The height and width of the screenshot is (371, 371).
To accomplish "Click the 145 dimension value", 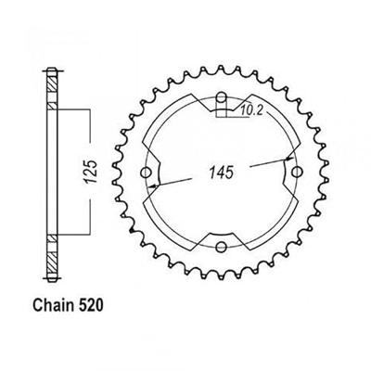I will [x=222, y=173].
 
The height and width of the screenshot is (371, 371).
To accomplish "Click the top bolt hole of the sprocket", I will [x=221, y=99].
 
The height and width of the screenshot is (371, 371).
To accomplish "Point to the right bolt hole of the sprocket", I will [x=295, y=173].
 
